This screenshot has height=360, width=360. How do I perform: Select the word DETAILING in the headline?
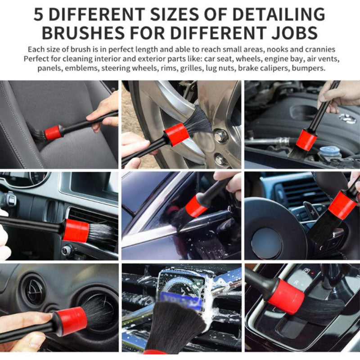tap(277, 14)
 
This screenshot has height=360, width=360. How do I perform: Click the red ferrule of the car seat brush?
tap(53, 132)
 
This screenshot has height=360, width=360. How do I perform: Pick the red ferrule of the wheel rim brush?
tap(175, 134)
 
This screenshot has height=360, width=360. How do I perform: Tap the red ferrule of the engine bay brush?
tap(306, 139)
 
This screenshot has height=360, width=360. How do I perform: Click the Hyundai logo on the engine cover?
tap(333, 118)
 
